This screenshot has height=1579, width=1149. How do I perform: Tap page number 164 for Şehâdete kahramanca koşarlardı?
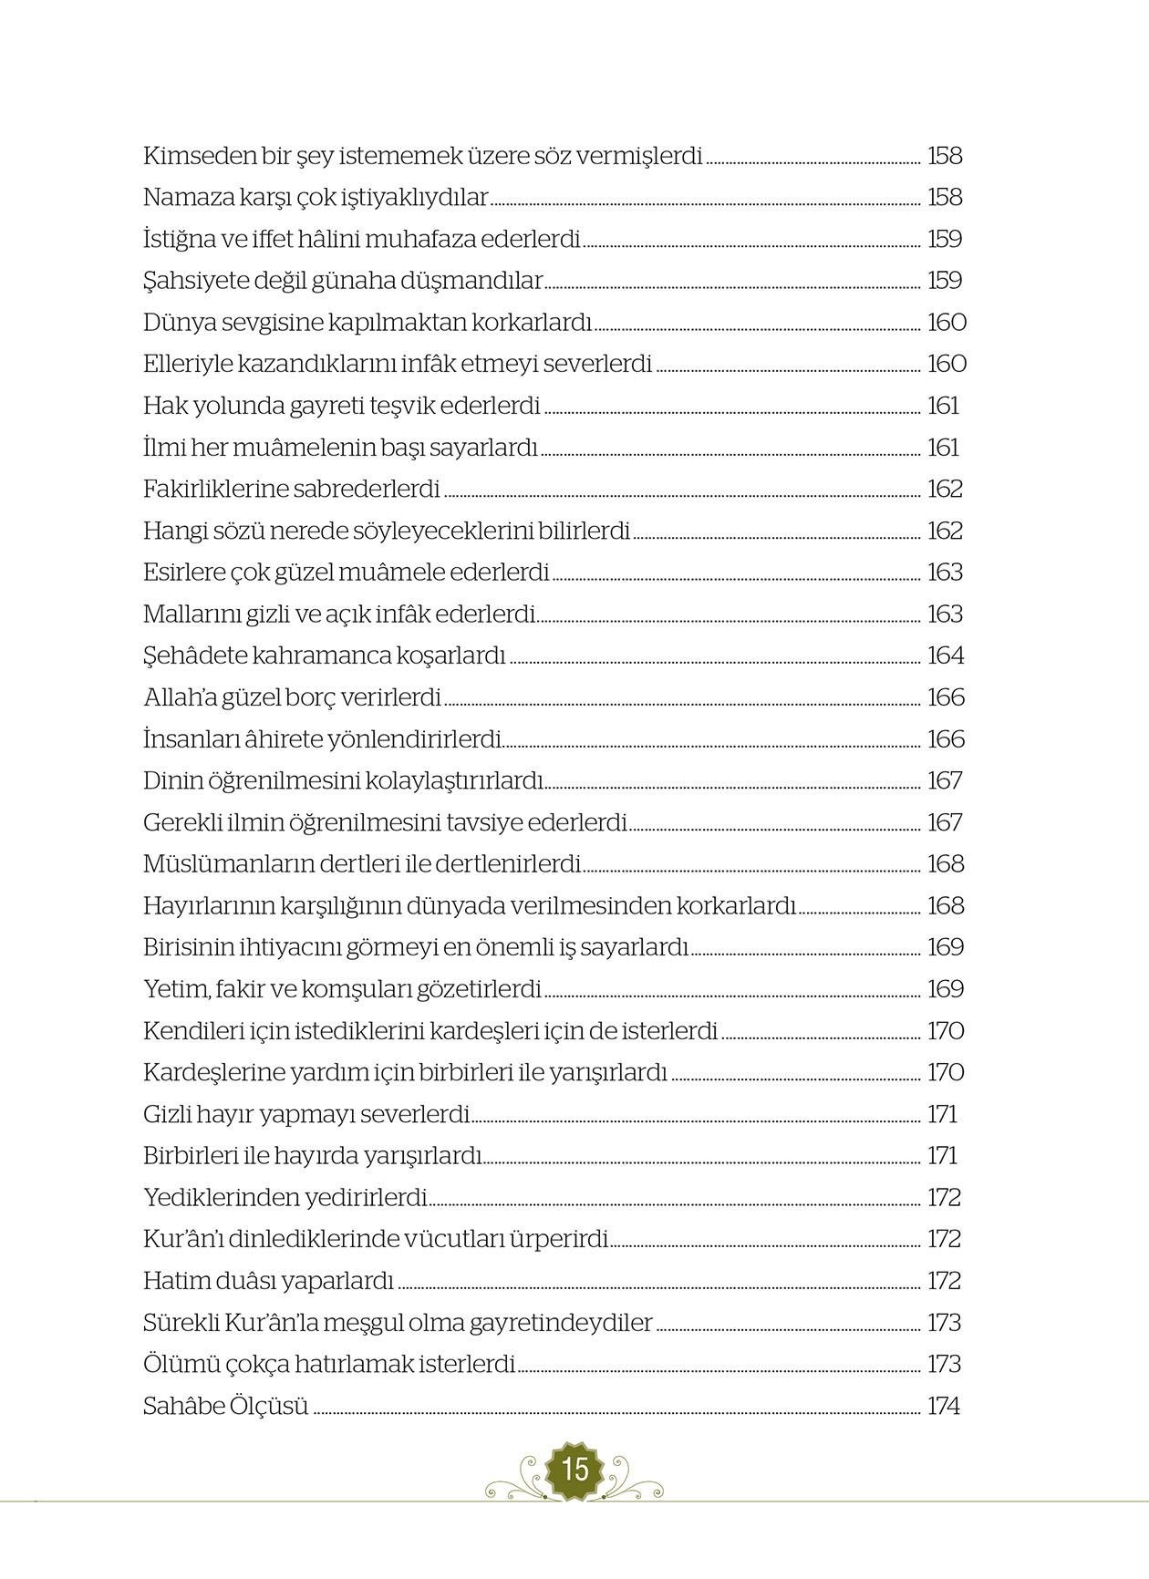tap(945, 656)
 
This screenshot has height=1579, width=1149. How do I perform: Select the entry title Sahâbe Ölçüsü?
tap(226, 1407)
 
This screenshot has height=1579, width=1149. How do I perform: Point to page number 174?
tap(944, 1407)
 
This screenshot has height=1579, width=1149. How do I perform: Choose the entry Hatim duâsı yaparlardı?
tap(268, 1282)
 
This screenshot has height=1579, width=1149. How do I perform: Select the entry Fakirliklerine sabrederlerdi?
tap(292, 490)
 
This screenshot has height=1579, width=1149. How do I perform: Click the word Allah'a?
tap(180, 698)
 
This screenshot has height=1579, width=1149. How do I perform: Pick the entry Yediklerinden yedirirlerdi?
tap(285, 1198)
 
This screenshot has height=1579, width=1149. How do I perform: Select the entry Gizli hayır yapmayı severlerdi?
tap(306, 1115)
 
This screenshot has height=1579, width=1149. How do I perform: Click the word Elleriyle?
tap(187, 365)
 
